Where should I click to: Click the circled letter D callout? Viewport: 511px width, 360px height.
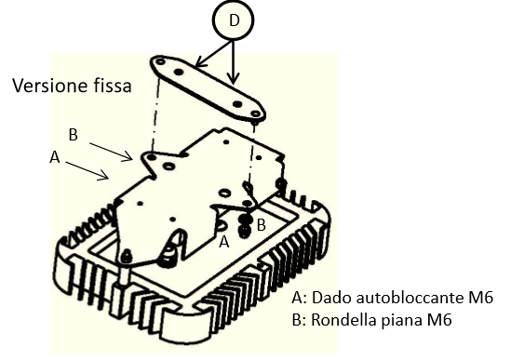[x=233, y=20]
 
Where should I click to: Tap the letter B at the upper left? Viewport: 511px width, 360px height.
[x=74, y=135]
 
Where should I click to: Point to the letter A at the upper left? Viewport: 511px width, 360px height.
[x=55, y=157]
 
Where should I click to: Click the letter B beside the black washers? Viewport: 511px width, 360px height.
[x=261, y=225]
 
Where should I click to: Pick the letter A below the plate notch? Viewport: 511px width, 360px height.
[x=224, y=242]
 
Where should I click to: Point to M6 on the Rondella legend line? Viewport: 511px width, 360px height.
[x=439, y=320]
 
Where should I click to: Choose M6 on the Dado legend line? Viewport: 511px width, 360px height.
[x=480, y=298]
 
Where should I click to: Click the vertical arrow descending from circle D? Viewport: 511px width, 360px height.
[x=233, y=62]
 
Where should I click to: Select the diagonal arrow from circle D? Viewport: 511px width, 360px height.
[x=213, y=54]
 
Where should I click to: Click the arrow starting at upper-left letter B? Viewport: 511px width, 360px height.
[x=111, y=152]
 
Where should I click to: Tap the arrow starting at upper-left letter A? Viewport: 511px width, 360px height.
[x=87, y=170]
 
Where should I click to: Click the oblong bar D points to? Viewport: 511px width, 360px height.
[x=208, y=88]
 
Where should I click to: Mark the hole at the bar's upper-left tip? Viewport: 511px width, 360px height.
[x=160, y=61]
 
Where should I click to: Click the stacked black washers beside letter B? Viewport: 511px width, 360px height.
[x=245, y=225]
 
